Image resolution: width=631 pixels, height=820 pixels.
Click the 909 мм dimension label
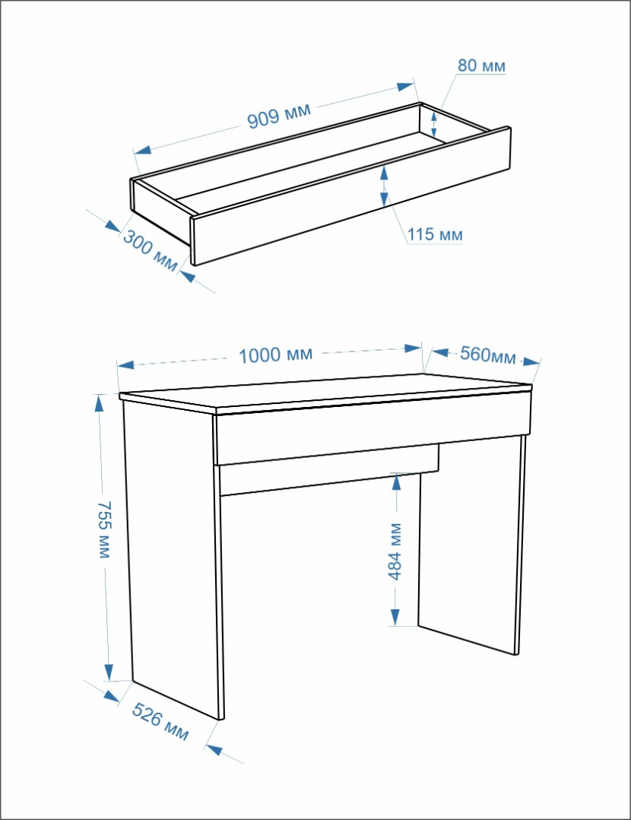pyautogui.click(x=279, y=115)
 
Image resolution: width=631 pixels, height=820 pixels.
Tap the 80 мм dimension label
pyautogui.click(x=481, y=66)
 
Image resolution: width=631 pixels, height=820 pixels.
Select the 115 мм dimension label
pyautogui.click(x=435, y=234)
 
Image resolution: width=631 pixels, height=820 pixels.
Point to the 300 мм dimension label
pyautogui.click(x=150, y=250)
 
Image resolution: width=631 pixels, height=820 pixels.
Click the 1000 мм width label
pyautogui.click(x=275, y=355)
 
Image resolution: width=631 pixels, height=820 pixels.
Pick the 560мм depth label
pyautogui.click(x=488, y=354)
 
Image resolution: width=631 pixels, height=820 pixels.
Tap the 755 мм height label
pyautogui.click(x=105, y=529)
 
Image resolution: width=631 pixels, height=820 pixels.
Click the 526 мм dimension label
pyautogui.click(x=160, y=722)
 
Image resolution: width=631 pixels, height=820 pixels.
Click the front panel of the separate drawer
pyautogui.click(x=351, y=195)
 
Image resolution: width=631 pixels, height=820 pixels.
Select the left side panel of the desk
pyautogui.click(x=175, y=560)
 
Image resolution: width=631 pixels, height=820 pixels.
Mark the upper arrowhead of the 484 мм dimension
pyautogui.click(x=397, y=481)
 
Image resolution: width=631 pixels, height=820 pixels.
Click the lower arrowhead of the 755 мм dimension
pyautogui.click(x=109, y=672)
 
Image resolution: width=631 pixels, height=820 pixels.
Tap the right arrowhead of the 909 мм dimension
pyautogui.click(x=406, y=87)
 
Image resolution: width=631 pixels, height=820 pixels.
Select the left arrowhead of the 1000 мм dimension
pyautogui.click(x=126, y=364)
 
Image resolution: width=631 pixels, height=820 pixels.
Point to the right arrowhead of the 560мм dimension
pyautogui.click(x=531, y=361)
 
